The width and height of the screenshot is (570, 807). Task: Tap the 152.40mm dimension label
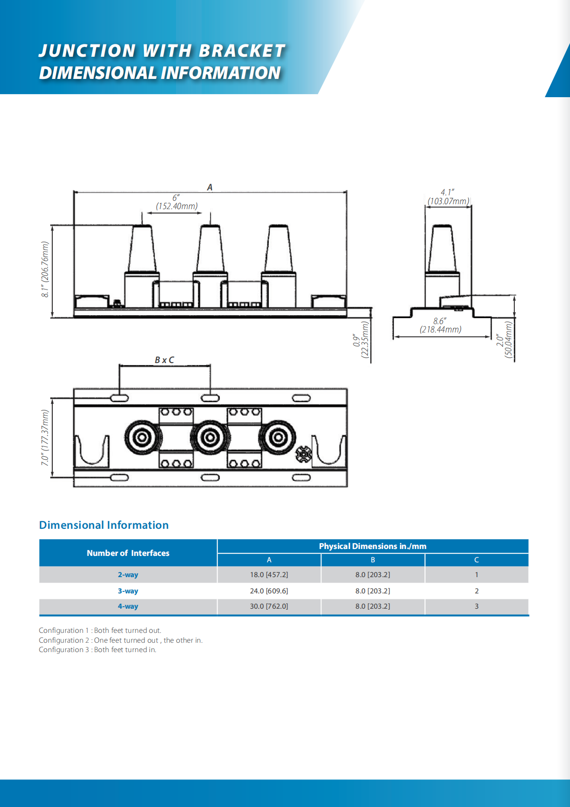click(177, 206)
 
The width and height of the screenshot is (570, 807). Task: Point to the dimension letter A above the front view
click(210, 187)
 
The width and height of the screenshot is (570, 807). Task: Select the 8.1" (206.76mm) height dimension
click(45, 269)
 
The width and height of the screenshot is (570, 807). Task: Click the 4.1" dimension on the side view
click(447, 192)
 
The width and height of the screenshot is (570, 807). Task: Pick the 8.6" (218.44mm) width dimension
click(440, 326)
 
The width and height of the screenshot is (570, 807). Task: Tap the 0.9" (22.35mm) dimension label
click(361, 340)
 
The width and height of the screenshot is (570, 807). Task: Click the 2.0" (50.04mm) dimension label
click(504, 340)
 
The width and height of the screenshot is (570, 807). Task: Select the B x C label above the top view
click(164, 360)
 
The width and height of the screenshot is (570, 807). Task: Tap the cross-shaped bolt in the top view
click(303, 454)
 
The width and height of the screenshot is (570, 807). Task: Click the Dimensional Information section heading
click(104, 525)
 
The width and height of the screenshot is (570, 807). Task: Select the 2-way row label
click(128, 575)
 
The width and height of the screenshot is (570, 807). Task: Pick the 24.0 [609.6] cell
click(269, 591)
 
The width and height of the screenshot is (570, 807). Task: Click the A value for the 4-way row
click(269, 606)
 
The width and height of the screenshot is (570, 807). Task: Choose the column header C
click(476, 560)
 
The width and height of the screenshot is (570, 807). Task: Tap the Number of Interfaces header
click(128, 553)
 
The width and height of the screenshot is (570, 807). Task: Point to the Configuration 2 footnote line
click(120, 640)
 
